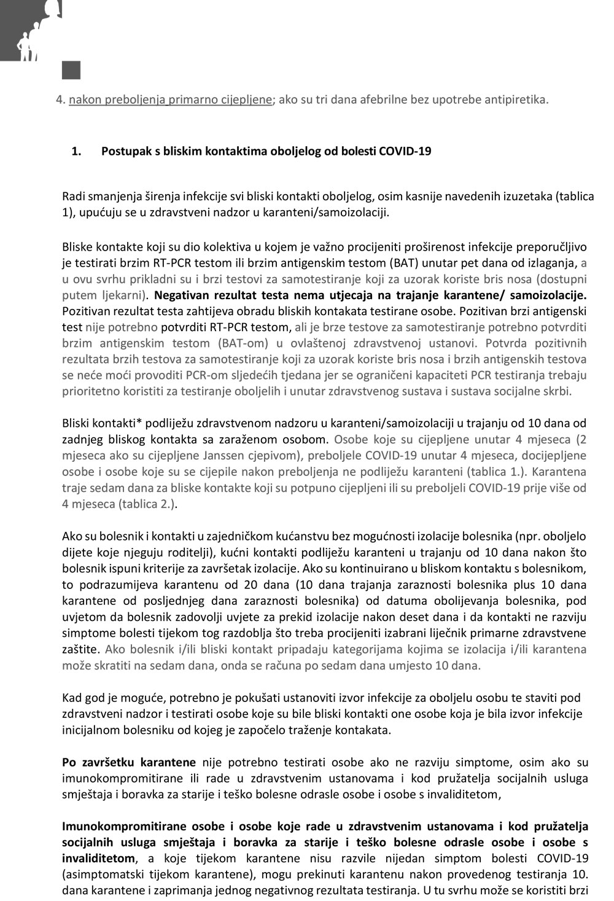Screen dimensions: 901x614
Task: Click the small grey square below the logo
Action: coord(71,70)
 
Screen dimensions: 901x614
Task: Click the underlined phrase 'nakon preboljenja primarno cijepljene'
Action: coord(170,99)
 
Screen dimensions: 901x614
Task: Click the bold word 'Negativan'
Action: coord(182,295)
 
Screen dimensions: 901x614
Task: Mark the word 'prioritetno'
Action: coord(90,391)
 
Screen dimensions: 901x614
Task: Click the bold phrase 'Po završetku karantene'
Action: coord(129,763)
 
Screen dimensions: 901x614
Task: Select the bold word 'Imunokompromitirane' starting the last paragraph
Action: coord(120,826)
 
